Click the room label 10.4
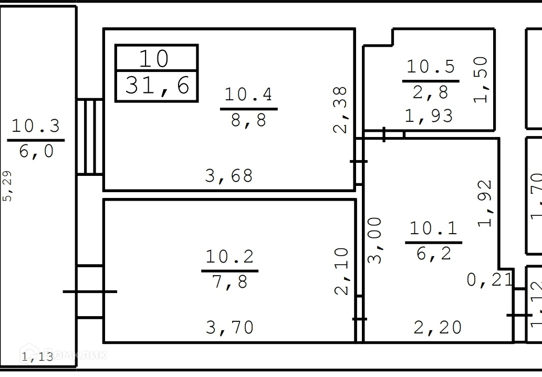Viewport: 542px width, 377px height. click(248, 95)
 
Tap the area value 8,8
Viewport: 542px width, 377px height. click(248, 121)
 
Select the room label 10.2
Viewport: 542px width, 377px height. click(230, 257)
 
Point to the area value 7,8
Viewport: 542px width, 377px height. click(230, 282)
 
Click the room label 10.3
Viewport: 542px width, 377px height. click(36, 126)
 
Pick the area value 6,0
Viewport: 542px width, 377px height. click(36, 151)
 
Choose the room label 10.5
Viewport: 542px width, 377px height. click(431, 67)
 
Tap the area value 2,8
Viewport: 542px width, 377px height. click(431, 93)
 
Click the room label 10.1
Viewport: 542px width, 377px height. click(433, 228)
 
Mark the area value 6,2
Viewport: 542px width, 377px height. click(433, 254)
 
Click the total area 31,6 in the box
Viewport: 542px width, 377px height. click(157, 85)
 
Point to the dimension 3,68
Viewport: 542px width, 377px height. click(229, 176)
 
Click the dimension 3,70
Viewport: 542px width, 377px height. click(230, 328)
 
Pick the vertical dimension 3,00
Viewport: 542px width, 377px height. click(375, 240)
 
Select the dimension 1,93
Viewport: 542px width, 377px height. click(429, 116)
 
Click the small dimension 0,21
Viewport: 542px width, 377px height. click(490, 280)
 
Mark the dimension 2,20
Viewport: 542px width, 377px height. click(437, 328)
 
